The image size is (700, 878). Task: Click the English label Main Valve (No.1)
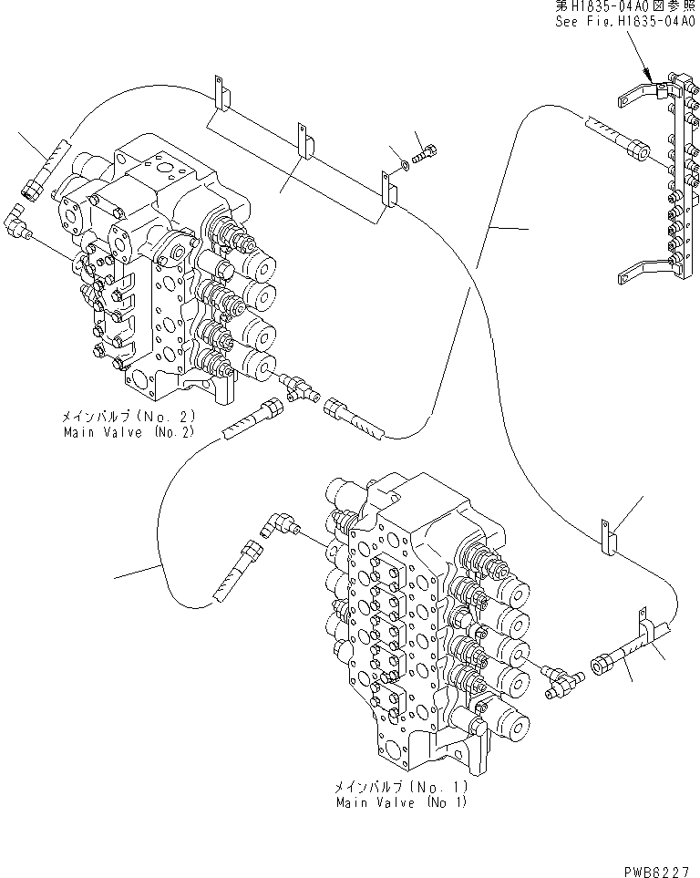[x=401, y=802]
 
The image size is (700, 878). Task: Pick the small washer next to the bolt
[x=402, y=164]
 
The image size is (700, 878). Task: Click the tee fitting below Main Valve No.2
[x=296, y=388]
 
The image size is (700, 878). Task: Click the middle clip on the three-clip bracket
[x=304, y=141]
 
